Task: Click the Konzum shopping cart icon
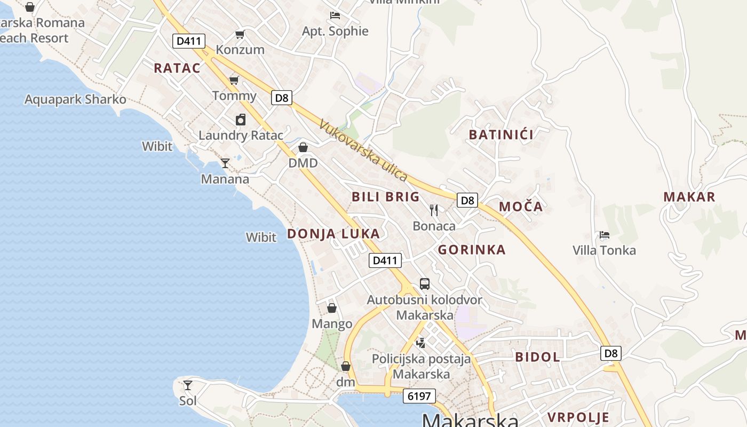(x=240, y=35)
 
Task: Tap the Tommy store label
(x=234, y=96)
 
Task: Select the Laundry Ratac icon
(x=241, y=120)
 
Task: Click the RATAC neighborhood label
(x=177, y=68)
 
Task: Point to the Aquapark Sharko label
(x=75, y=99)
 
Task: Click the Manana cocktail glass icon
(x=225, y=163)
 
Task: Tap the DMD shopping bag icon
(x=303, y=147)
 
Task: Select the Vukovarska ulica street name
(x=363, y=151)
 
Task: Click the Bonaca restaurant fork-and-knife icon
(x=434, y=210)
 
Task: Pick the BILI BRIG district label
(x=385, y=196)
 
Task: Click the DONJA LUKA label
(x=333, y=233)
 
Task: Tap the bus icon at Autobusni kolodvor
(x=425, y=283)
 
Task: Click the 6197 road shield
(x=419, y=396)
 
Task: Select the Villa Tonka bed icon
(x=604, y=234)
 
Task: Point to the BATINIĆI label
(x=501, y=135)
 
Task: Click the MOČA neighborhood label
(x=520, y=207)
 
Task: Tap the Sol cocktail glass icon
(x=188, y=385)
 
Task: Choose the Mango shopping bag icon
(x=332, y=308)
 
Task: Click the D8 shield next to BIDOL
(x=611, y=353)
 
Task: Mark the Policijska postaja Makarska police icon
(x=421, y=343)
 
